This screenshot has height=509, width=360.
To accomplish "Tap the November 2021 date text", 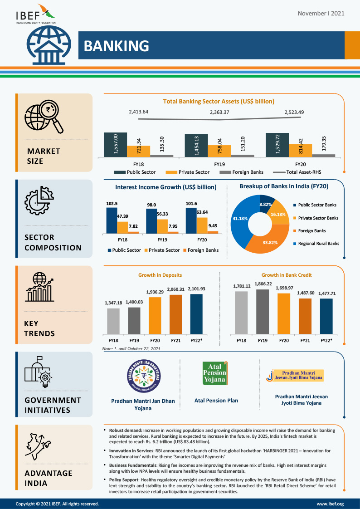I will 321,13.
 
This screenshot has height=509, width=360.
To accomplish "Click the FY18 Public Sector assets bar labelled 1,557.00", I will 115,145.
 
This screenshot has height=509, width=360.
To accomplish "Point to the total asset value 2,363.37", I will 219,112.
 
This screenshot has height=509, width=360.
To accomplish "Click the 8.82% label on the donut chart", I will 266,205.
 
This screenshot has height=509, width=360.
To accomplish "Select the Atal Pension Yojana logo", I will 214,373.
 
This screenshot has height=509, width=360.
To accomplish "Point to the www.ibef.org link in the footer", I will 330,504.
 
